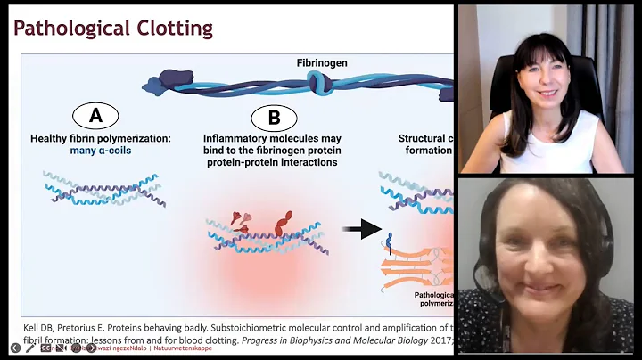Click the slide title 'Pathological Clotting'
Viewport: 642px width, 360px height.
click(x=113, y=28)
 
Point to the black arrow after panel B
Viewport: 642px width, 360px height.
click(x=362, y=229)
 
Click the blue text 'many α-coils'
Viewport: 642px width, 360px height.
click(x=112, y=151)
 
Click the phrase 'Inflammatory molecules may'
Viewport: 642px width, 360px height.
click(x=272, y=138)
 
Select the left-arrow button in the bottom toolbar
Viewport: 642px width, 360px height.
click(x=15, y=348)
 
